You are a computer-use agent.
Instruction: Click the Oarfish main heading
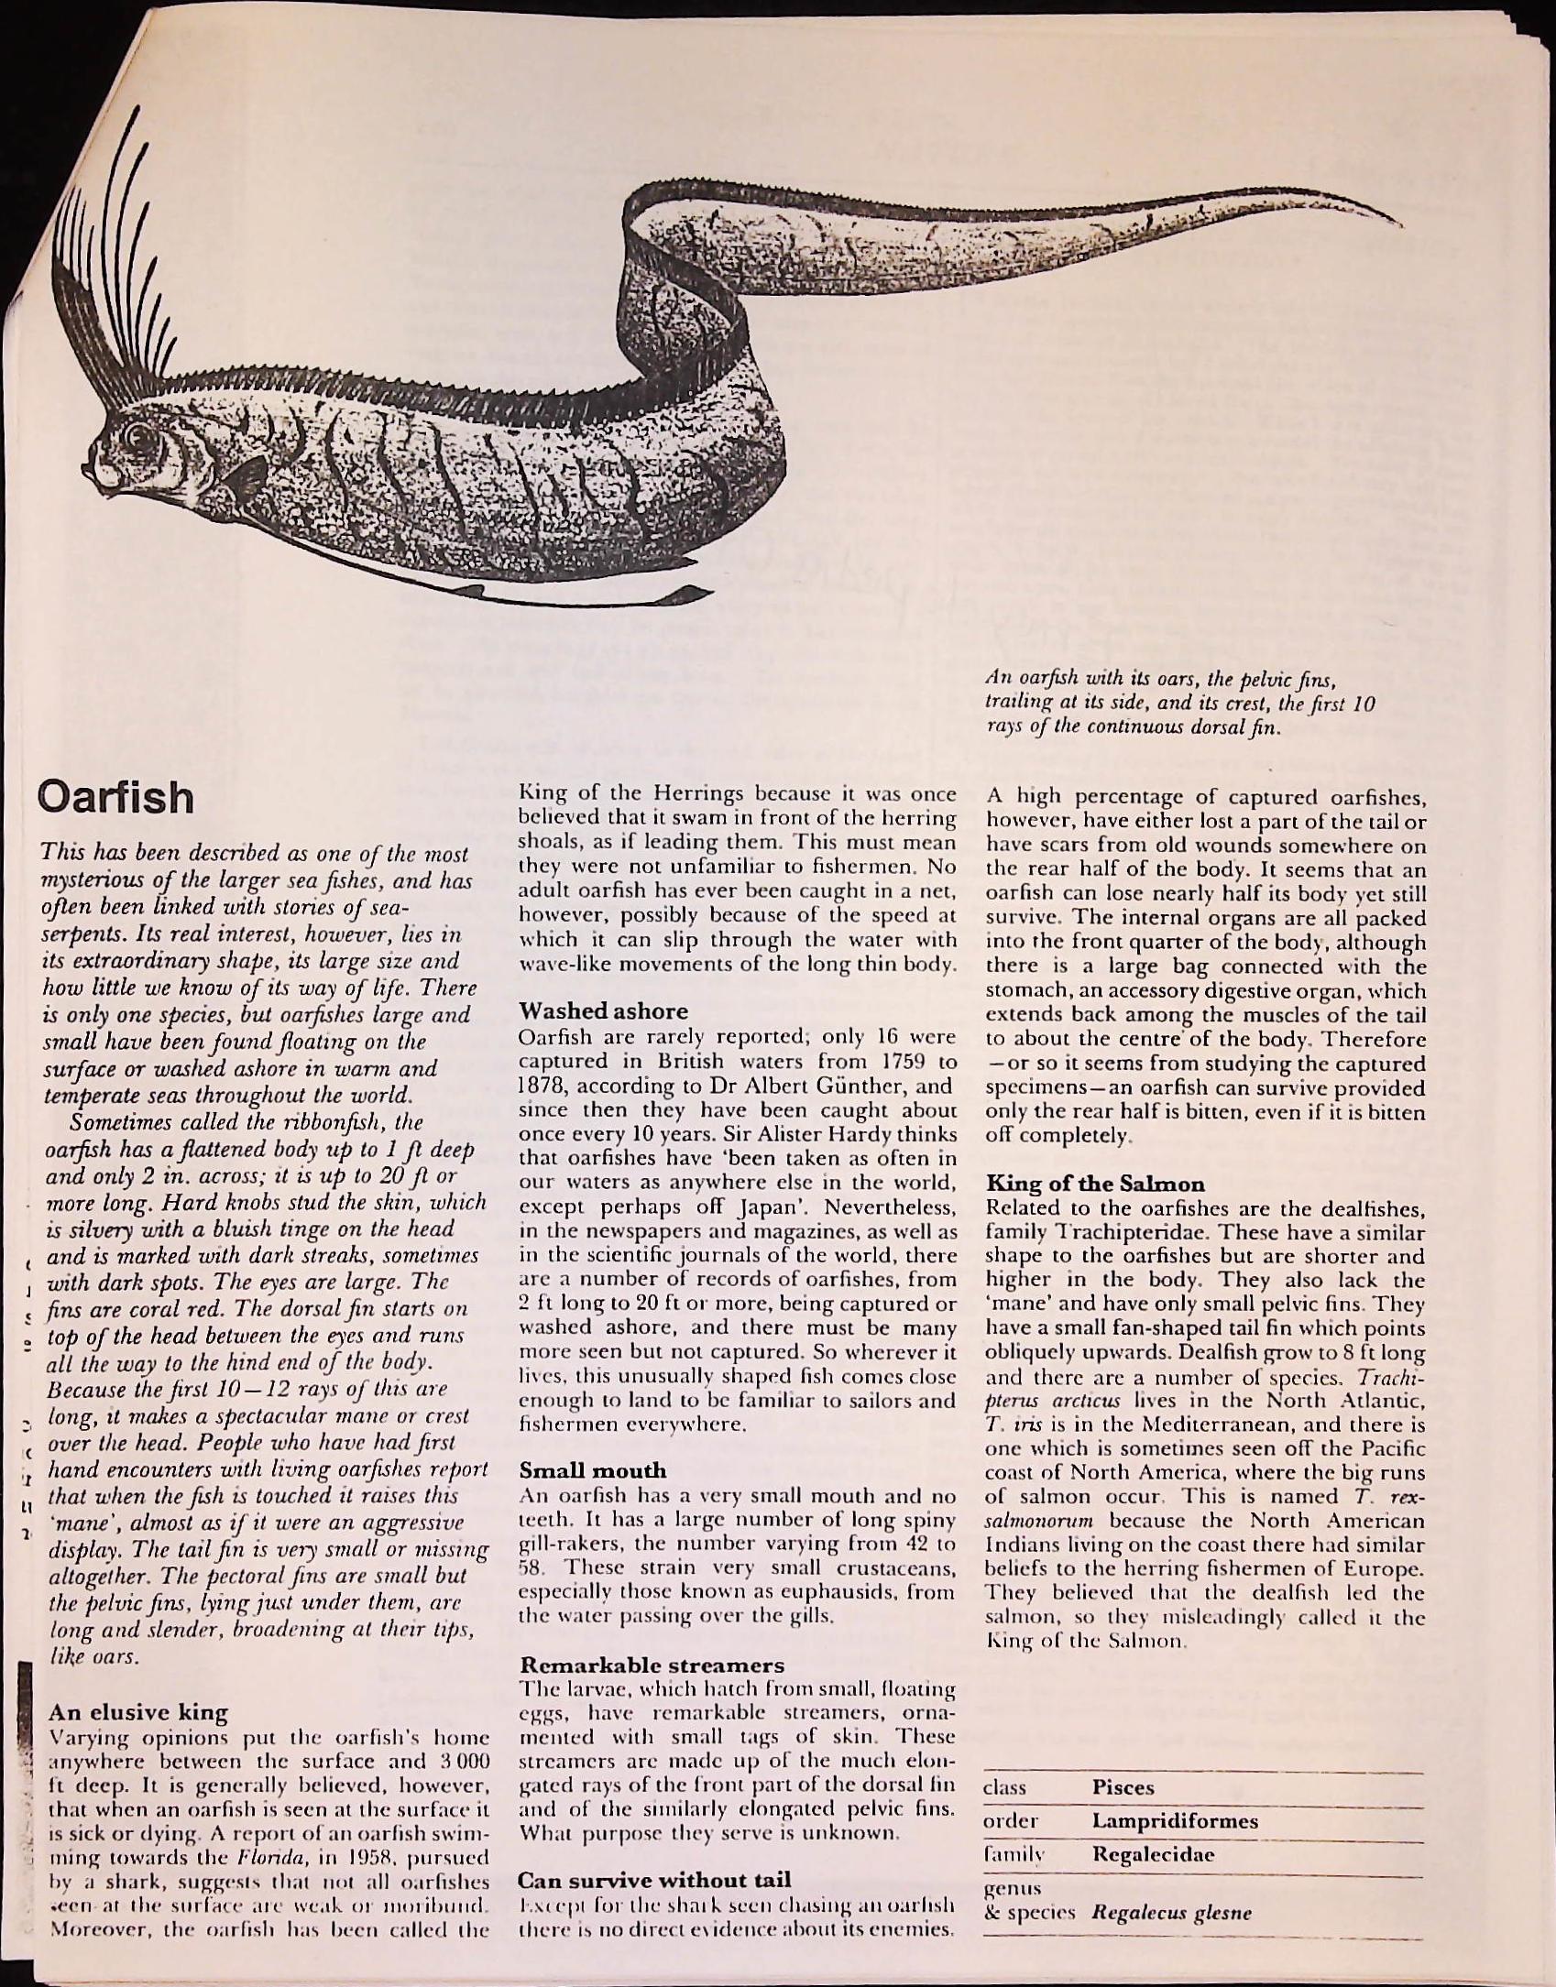(x=115, y=798)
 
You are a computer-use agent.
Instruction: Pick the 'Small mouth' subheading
(x=592, y=1471)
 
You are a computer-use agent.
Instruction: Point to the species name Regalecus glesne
(x=1171, y=1914)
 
